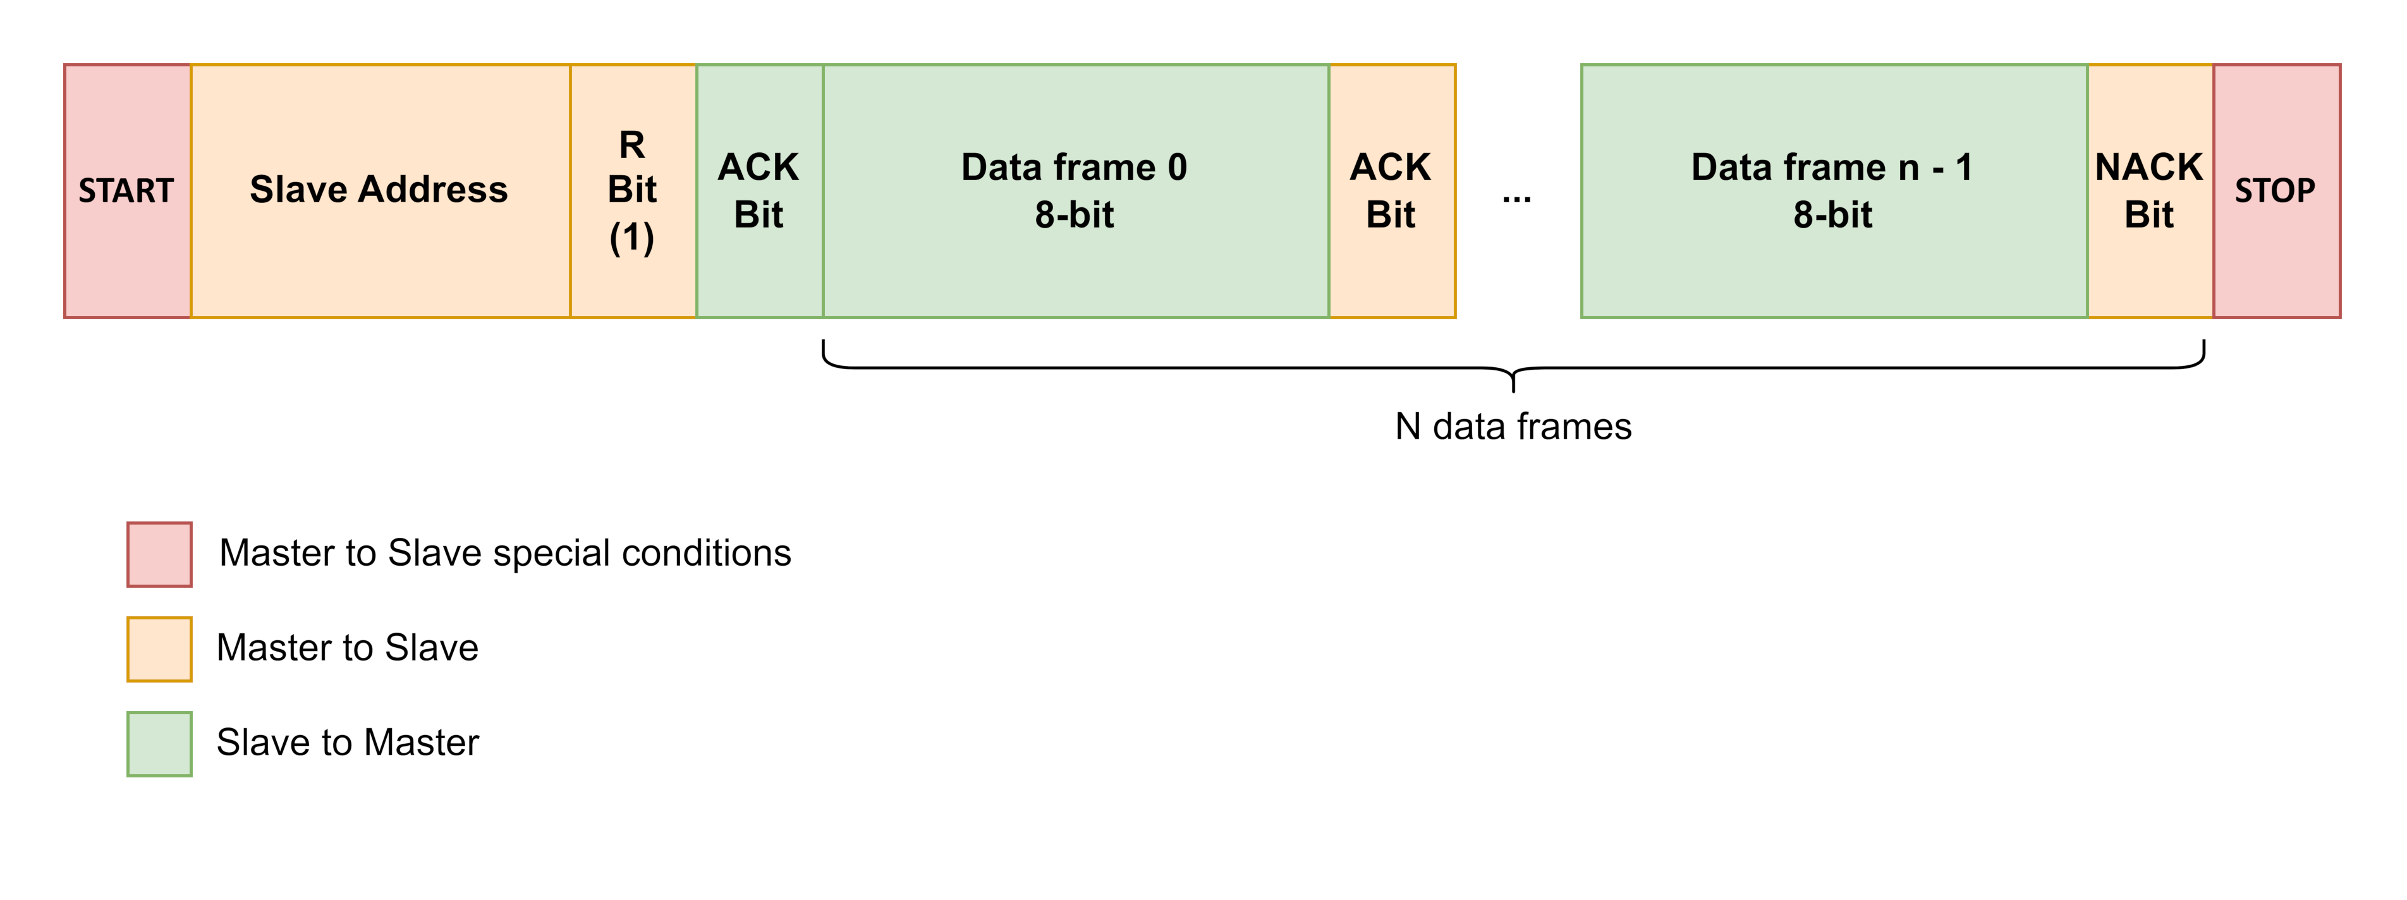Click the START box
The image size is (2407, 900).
click(x=127, y=191)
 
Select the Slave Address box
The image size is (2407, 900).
click(x=379, y=191)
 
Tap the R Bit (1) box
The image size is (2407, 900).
click(x=633, y=191)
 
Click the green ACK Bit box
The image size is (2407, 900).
click(x=759, y=191)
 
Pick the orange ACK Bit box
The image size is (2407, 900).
click(x=1391, y=191)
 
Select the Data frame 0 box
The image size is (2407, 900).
click(x=1075, y=191)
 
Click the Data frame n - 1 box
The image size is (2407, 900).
click(x=1832, y=191)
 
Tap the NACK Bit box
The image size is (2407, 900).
click(x=2149, y=191)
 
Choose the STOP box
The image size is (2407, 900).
click(x=2276, y=191)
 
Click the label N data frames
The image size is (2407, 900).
click(x=1513, y=427)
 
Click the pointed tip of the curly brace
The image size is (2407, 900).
click(x=1513, y=388)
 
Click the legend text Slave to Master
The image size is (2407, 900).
click(x=348, y=743)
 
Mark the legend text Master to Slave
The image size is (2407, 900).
click(x=348, y=648)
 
